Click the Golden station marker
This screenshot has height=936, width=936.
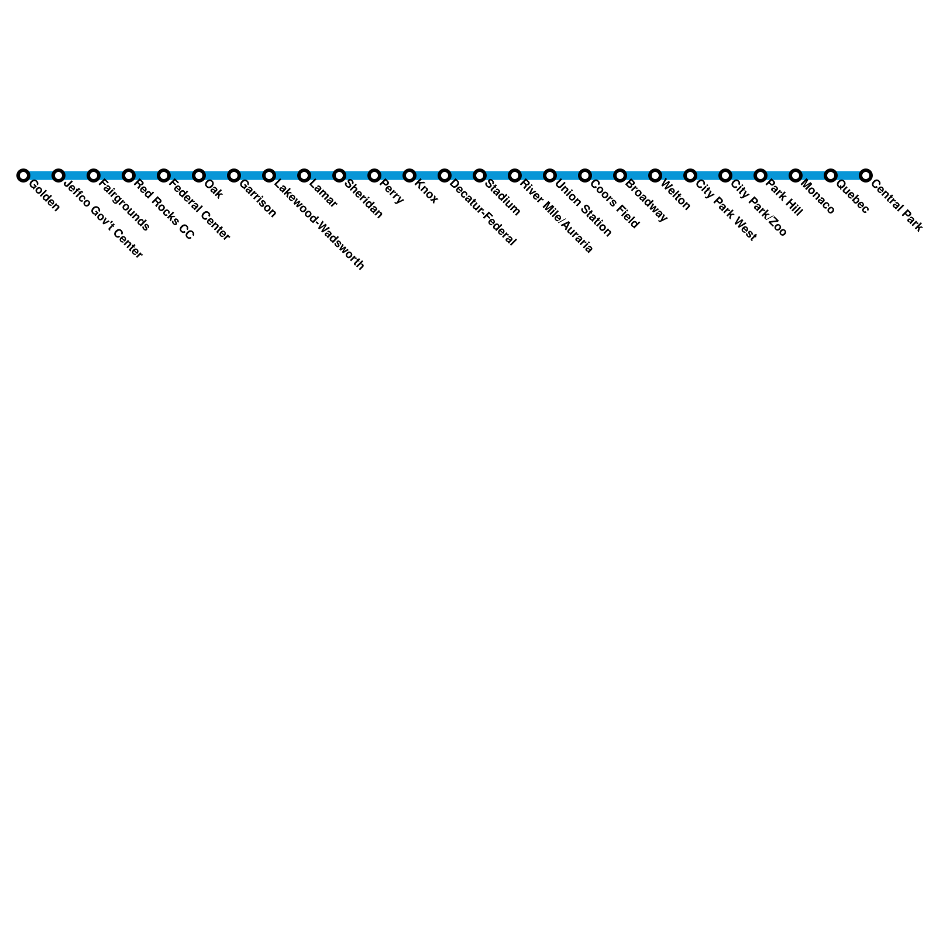(23, 175)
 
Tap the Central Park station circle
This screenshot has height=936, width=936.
(866, 175)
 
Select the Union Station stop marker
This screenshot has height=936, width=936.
(550, 175)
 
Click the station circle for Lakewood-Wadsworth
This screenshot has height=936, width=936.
(269, 175)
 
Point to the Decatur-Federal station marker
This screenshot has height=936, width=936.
(445, 175)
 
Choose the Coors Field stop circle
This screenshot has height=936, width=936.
(585, 175)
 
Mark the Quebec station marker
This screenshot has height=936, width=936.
(831, 175)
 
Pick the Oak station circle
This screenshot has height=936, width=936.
(199, 175)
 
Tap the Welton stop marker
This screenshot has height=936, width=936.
(655, 175)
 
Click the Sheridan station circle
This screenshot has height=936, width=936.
(339, 175)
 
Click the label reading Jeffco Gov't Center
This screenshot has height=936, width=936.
(103, 219)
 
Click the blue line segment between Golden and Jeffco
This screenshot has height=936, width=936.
(41, 175)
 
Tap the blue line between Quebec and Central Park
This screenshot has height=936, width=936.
(848, 175)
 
